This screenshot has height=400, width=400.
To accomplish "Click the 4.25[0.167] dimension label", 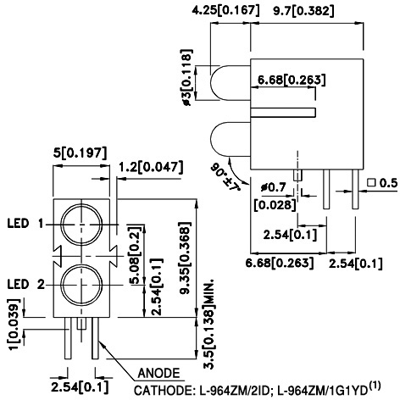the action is [x=225, y=10].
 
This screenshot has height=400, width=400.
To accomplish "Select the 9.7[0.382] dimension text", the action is [x=303, y=11].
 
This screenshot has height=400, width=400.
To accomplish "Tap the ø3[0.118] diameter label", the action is [x=186, y=77].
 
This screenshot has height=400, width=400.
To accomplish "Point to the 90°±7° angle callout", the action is [x=225, y=177].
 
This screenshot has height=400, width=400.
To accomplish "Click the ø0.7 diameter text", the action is [x=274, y=187].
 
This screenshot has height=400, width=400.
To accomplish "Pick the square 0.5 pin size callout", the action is [x=382, y=183].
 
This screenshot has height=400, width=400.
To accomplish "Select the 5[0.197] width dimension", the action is [x=81, y=153].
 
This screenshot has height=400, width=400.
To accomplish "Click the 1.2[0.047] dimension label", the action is [x=151, y=167].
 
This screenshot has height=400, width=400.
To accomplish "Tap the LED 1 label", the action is [x=25, y=224].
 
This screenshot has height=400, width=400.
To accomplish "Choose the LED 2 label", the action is [x=26, y=284].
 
